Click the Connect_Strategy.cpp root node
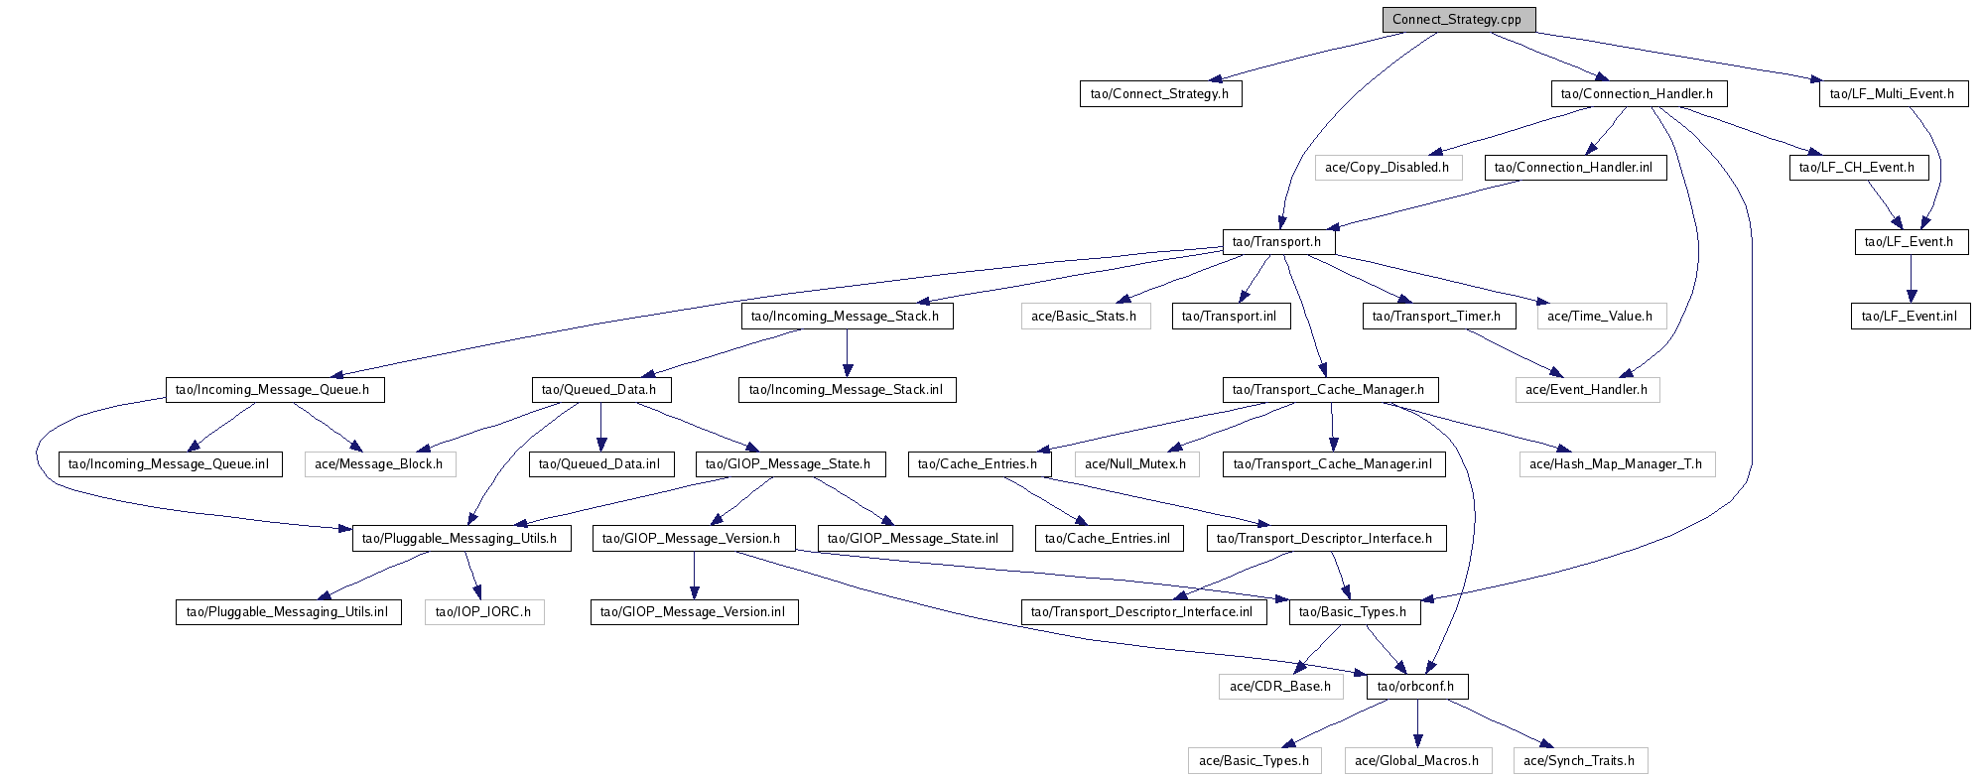click(x=1457, y=20)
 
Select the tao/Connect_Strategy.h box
click(x=1159, y=94)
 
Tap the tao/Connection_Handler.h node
click(x=1637, y=94)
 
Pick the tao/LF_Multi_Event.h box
click(x=1893, y=94)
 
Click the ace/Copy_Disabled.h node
click(x=1387, y=168)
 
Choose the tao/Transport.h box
click(x=1276, y=242)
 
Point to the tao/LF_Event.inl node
click(x=1910, y=317)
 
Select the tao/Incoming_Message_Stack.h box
click(x=846, y=317)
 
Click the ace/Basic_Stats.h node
click(x=1084, y=317)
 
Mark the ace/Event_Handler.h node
click(x=1586, y=390)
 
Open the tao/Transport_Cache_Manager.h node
click(x=1328, y=390)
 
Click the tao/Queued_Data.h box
click(x=599, y=390)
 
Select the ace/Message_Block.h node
click(x=379, y=464)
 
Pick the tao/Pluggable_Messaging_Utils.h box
click(x=461, y=539)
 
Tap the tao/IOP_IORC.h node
click(x=483, y=612)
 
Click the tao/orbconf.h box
click(x=1415, y=687)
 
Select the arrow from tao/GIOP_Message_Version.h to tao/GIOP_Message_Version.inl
click(x=694, y=576)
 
